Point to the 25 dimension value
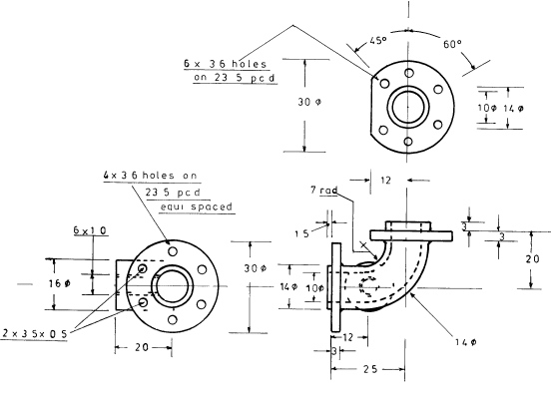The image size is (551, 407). [369, 369]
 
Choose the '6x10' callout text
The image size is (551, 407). [89, 230]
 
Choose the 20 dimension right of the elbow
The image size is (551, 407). [534, 257]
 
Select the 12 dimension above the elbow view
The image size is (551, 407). [387, 180]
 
